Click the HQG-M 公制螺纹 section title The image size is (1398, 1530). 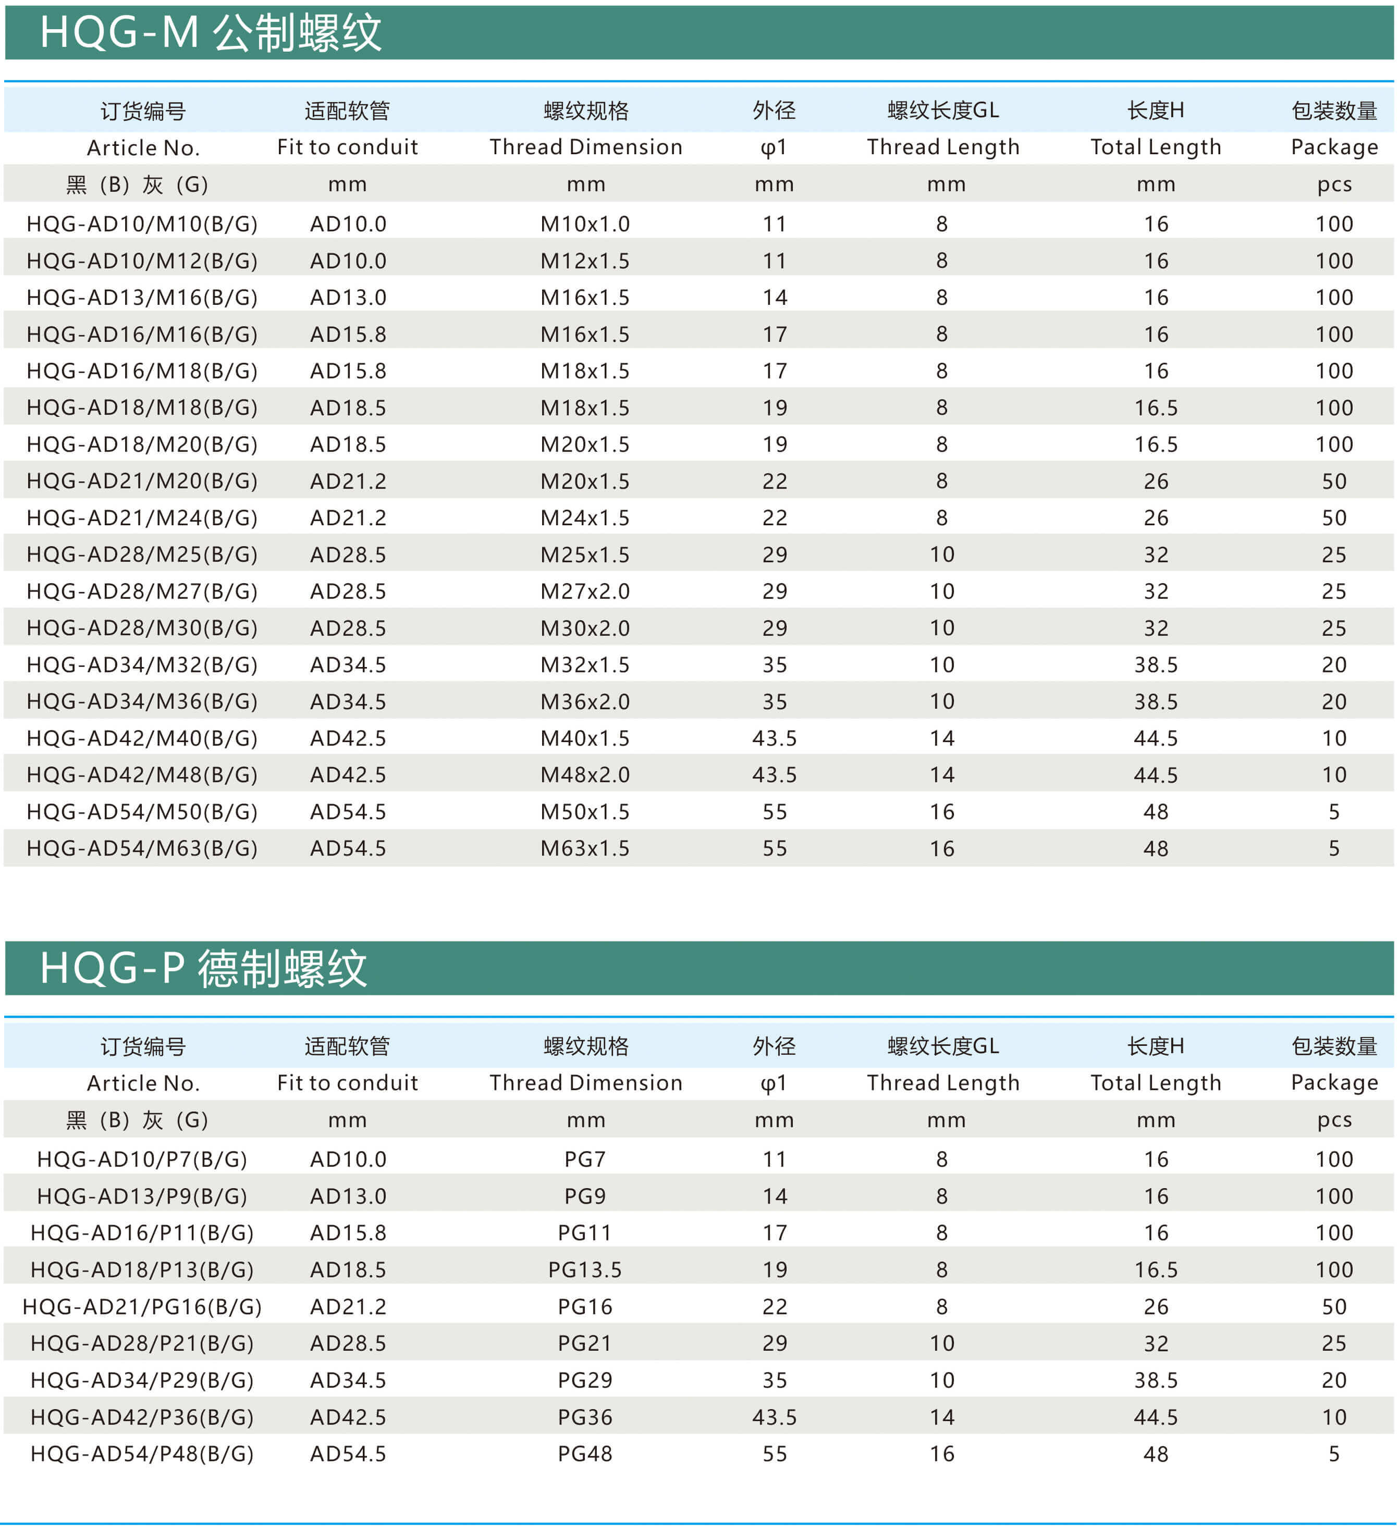point(210,33)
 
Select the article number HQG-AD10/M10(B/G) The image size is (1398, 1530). point(142,224)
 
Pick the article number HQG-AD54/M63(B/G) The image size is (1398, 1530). point(142,848)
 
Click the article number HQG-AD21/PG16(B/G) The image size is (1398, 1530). point(142,1307)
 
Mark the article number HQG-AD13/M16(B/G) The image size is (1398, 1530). point(142,298)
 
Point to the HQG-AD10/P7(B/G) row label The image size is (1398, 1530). point(142,1159)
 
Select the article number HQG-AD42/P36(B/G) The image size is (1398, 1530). point(142,1417)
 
